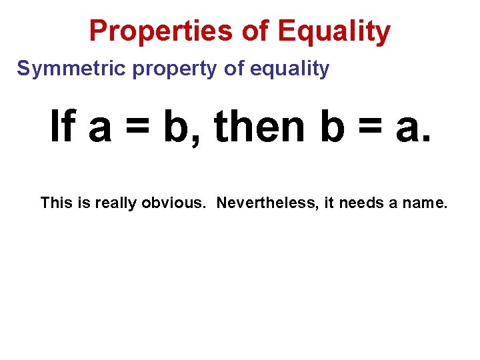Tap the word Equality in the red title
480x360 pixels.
(334, 31)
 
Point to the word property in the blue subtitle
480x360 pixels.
(175, 69)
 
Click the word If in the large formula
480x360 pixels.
(63, 127)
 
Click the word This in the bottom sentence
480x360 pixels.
(55, 202)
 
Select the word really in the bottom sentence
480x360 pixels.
(115, 203)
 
